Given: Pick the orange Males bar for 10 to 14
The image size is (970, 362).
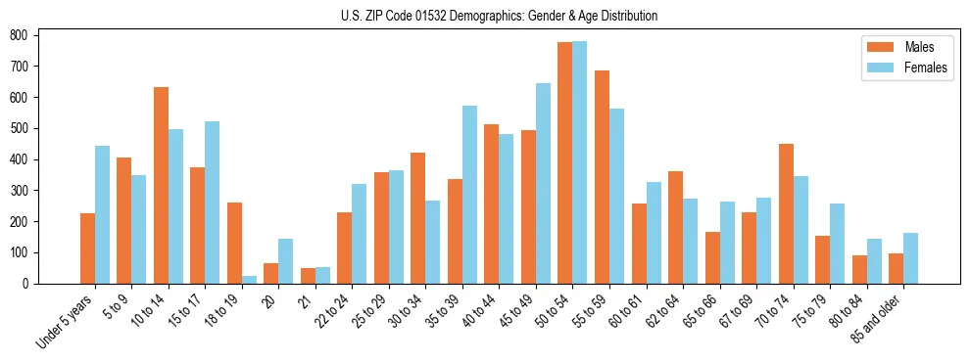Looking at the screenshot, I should click(x=161, y=186).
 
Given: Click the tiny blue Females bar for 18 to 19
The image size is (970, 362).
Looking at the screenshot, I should click(x=249, y=280).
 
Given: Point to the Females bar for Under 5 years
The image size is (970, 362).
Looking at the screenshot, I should click(x=102, y=215).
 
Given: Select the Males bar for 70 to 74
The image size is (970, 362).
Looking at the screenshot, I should click(x=786, y=214).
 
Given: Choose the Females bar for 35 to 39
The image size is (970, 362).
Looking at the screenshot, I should click(x=469, y=195).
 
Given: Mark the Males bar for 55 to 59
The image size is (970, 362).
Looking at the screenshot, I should click(x=602, y=177).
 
